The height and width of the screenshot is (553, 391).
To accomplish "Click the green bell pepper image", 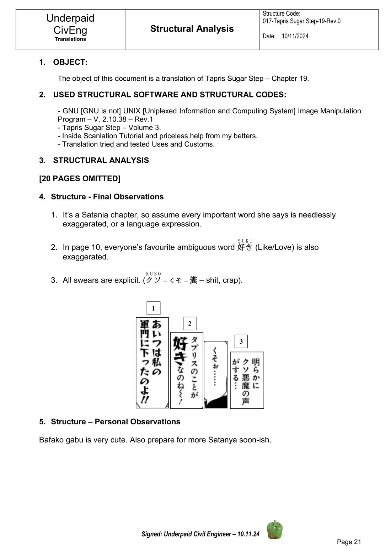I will pos(275,530).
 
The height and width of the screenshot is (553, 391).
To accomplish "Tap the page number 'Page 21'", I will pos(349,542).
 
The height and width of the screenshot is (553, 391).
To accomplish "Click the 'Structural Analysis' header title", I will pos(192,29).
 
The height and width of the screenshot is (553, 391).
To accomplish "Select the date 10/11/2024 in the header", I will pos(295,36).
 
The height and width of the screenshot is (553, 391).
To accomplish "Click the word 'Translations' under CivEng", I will pos(70,39).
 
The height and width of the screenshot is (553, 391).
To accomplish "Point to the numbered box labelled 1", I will pos(153,308).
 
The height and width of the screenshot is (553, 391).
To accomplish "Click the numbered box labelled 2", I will pos(189,323).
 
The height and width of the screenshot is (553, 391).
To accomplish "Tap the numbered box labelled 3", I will pos(241,342).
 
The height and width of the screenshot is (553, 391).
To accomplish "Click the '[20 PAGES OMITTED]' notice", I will pos(80,178).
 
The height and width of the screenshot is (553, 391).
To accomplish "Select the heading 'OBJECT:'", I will pos(70,62).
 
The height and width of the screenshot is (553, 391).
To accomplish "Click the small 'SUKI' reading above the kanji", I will pos(245,241).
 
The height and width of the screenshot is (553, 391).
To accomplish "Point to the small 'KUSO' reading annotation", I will pos(154,274).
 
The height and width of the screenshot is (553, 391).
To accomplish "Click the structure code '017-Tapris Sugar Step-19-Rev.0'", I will pos(301,21).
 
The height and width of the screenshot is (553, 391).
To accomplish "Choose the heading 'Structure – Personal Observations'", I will pos(116,422).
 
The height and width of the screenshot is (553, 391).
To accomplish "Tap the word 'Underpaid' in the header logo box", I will pos(70,18).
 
